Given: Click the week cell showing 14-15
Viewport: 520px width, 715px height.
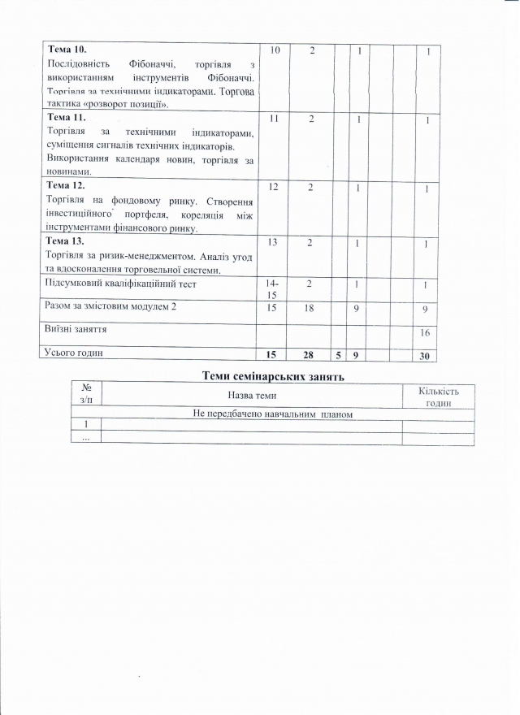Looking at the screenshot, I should point(273,291).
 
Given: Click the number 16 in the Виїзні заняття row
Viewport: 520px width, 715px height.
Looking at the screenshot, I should point(424,333).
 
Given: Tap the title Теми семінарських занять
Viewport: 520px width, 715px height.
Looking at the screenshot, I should point(273,375).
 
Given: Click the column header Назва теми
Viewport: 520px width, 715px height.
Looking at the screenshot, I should point(252,395).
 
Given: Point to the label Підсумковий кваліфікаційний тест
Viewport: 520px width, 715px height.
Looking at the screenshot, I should point(122,284).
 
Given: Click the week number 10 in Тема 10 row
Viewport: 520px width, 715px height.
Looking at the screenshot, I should point(273,50).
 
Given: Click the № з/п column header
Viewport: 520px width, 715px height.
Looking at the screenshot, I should point(87,395).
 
